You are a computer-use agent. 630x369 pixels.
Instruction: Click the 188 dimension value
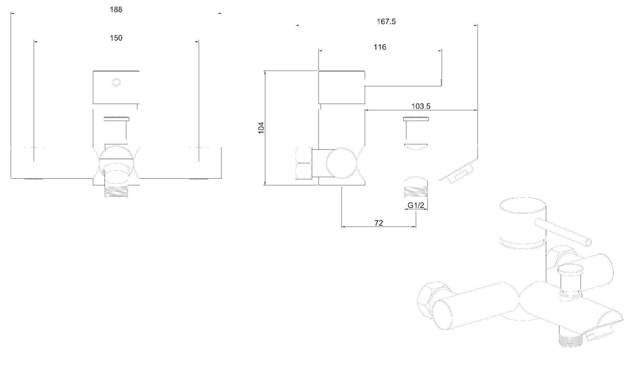coord(116,10)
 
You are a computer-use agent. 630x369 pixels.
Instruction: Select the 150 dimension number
coord(116,38)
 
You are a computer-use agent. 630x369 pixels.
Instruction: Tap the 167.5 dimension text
coord(386,22)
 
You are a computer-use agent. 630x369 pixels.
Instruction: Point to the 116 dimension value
coord(380,47)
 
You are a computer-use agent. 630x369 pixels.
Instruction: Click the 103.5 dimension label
coord(421,106)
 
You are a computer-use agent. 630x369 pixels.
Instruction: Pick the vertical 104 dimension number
coord(261,128)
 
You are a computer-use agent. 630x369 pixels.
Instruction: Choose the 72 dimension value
coord(379,223)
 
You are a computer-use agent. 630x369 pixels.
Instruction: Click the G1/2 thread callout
coord(416,205)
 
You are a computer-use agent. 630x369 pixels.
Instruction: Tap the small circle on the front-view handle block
coord(116,83)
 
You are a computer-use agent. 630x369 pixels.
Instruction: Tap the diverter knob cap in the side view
coord(416,119)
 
